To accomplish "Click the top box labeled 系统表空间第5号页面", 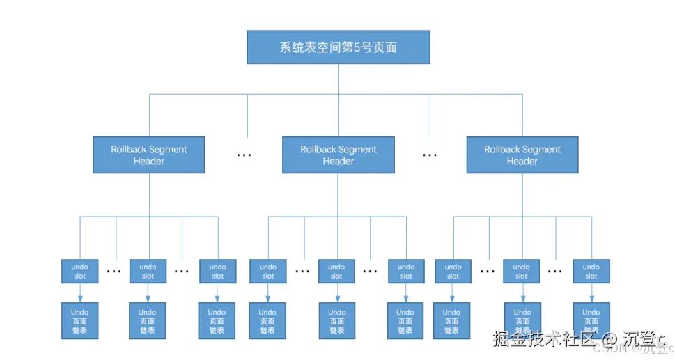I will tap(338, 47).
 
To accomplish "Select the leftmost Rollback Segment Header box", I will tap(149, 155).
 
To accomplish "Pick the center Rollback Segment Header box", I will tap(338, 155).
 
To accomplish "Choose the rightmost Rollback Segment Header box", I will tap(522, 155).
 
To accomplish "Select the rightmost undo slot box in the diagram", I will tap(591, 271).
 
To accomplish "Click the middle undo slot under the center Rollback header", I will tap(336, 271).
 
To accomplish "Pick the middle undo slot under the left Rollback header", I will tap(148, 271).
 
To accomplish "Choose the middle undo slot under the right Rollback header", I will tap(522, 271).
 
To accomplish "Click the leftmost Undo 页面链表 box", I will tap(79, 320).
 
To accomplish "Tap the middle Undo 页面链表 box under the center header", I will tap(337, 320).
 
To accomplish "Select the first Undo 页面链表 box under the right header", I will tap(452, 320).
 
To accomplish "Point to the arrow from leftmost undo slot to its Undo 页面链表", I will tap(79, 292).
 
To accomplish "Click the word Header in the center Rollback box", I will tap(338, 161).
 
